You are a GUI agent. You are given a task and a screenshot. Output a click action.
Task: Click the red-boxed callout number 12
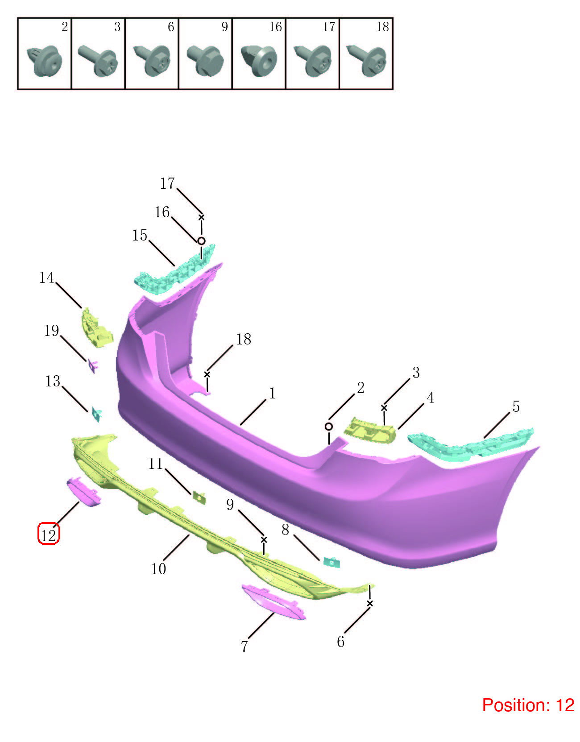click(x=49, y=535)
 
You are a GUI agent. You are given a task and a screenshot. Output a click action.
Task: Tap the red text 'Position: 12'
click(x=528, y=705)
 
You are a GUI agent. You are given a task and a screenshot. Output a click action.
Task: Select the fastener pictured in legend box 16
click(x=259, y=60)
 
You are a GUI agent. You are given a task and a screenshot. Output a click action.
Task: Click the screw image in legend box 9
click(x=205, y=60)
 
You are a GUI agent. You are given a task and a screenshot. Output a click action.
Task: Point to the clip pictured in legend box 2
click(x=44, y=61)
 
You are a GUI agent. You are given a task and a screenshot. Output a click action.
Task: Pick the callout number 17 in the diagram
click(x=167, y=183)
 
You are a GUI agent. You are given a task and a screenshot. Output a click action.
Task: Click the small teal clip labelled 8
click(x=331, y=562)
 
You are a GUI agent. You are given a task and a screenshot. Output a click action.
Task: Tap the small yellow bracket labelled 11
click(x=199, y=497)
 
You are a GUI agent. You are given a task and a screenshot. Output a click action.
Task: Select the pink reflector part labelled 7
click(x=273, y=602)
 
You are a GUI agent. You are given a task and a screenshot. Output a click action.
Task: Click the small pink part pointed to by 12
click(x=83, y=492)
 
